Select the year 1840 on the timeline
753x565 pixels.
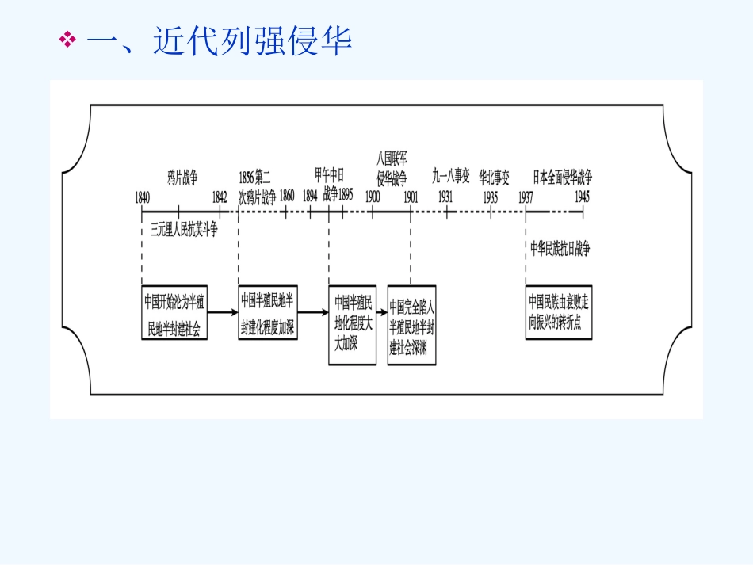point(143,196)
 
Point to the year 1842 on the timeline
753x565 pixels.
point(220,196)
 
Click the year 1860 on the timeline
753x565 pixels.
point(287,196)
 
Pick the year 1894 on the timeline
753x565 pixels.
point(311,196)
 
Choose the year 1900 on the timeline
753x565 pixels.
point(373,196)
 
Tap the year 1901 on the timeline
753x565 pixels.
point(411,196)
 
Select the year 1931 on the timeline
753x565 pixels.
point(446,196)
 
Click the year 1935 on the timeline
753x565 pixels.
point(491,196)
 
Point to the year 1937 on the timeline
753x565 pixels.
point(526,196)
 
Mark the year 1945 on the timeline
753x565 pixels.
point(583,196)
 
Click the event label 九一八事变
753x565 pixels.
point(451,175)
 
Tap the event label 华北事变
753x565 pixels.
point(494,175)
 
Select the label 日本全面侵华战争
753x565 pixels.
point(562,175)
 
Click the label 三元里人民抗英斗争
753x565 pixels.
point(184,230)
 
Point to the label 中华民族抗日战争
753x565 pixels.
point(560,248)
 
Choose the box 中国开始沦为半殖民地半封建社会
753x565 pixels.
point(175,312)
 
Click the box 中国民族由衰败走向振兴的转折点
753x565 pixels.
point(559,312)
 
